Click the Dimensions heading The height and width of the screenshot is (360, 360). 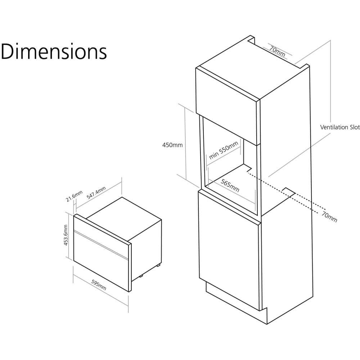pos(54,51)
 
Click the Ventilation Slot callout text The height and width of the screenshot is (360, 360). pos(340,127)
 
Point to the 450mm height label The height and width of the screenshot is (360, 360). pos(172,145)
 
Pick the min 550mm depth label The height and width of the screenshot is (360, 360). pos(224,150)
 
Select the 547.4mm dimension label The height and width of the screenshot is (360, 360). pos(96,194)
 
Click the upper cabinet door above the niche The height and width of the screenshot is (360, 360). pos(227,102)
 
